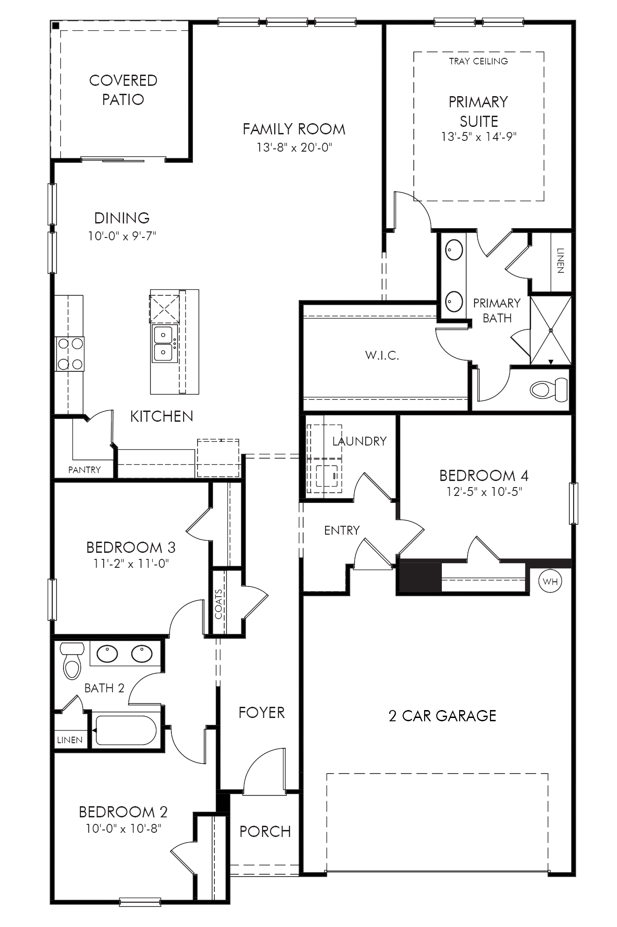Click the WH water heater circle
[550, 581]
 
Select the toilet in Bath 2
[72, 661]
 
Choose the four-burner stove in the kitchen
[70, 354]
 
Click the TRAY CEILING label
[478, 61]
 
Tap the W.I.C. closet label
[382, 356]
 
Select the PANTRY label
[84, 470]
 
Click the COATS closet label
[219, 604]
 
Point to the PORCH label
[265, 831]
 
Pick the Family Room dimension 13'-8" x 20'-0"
[294, 148]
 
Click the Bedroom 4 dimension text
[484, 492]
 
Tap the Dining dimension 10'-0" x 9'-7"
[122, 236]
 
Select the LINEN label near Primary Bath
[560, 260]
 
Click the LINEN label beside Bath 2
[70, 740]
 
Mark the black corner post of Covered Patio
[56, 26]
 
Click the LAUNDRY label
[359, 441]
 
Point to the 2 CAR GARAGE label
[442, 716]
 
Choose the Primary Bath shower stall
[551, 330]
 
